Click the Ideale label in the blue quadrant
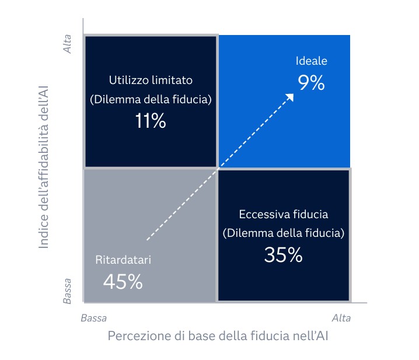point(312,61)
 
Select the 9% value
point(311,83)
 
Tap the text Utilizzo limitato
point(151,80)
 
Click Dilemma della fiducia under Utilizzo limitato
point(151,100)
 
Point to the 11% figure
point(150,122)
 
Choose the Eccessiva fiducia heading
point(284,214)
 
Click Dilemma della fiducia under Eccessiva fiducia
point(284,233)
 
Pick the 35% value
point(284,255)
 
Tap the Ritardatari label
point(123,260)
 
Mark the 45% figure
point(123,282)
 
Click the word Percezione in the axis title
point(134,337)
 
